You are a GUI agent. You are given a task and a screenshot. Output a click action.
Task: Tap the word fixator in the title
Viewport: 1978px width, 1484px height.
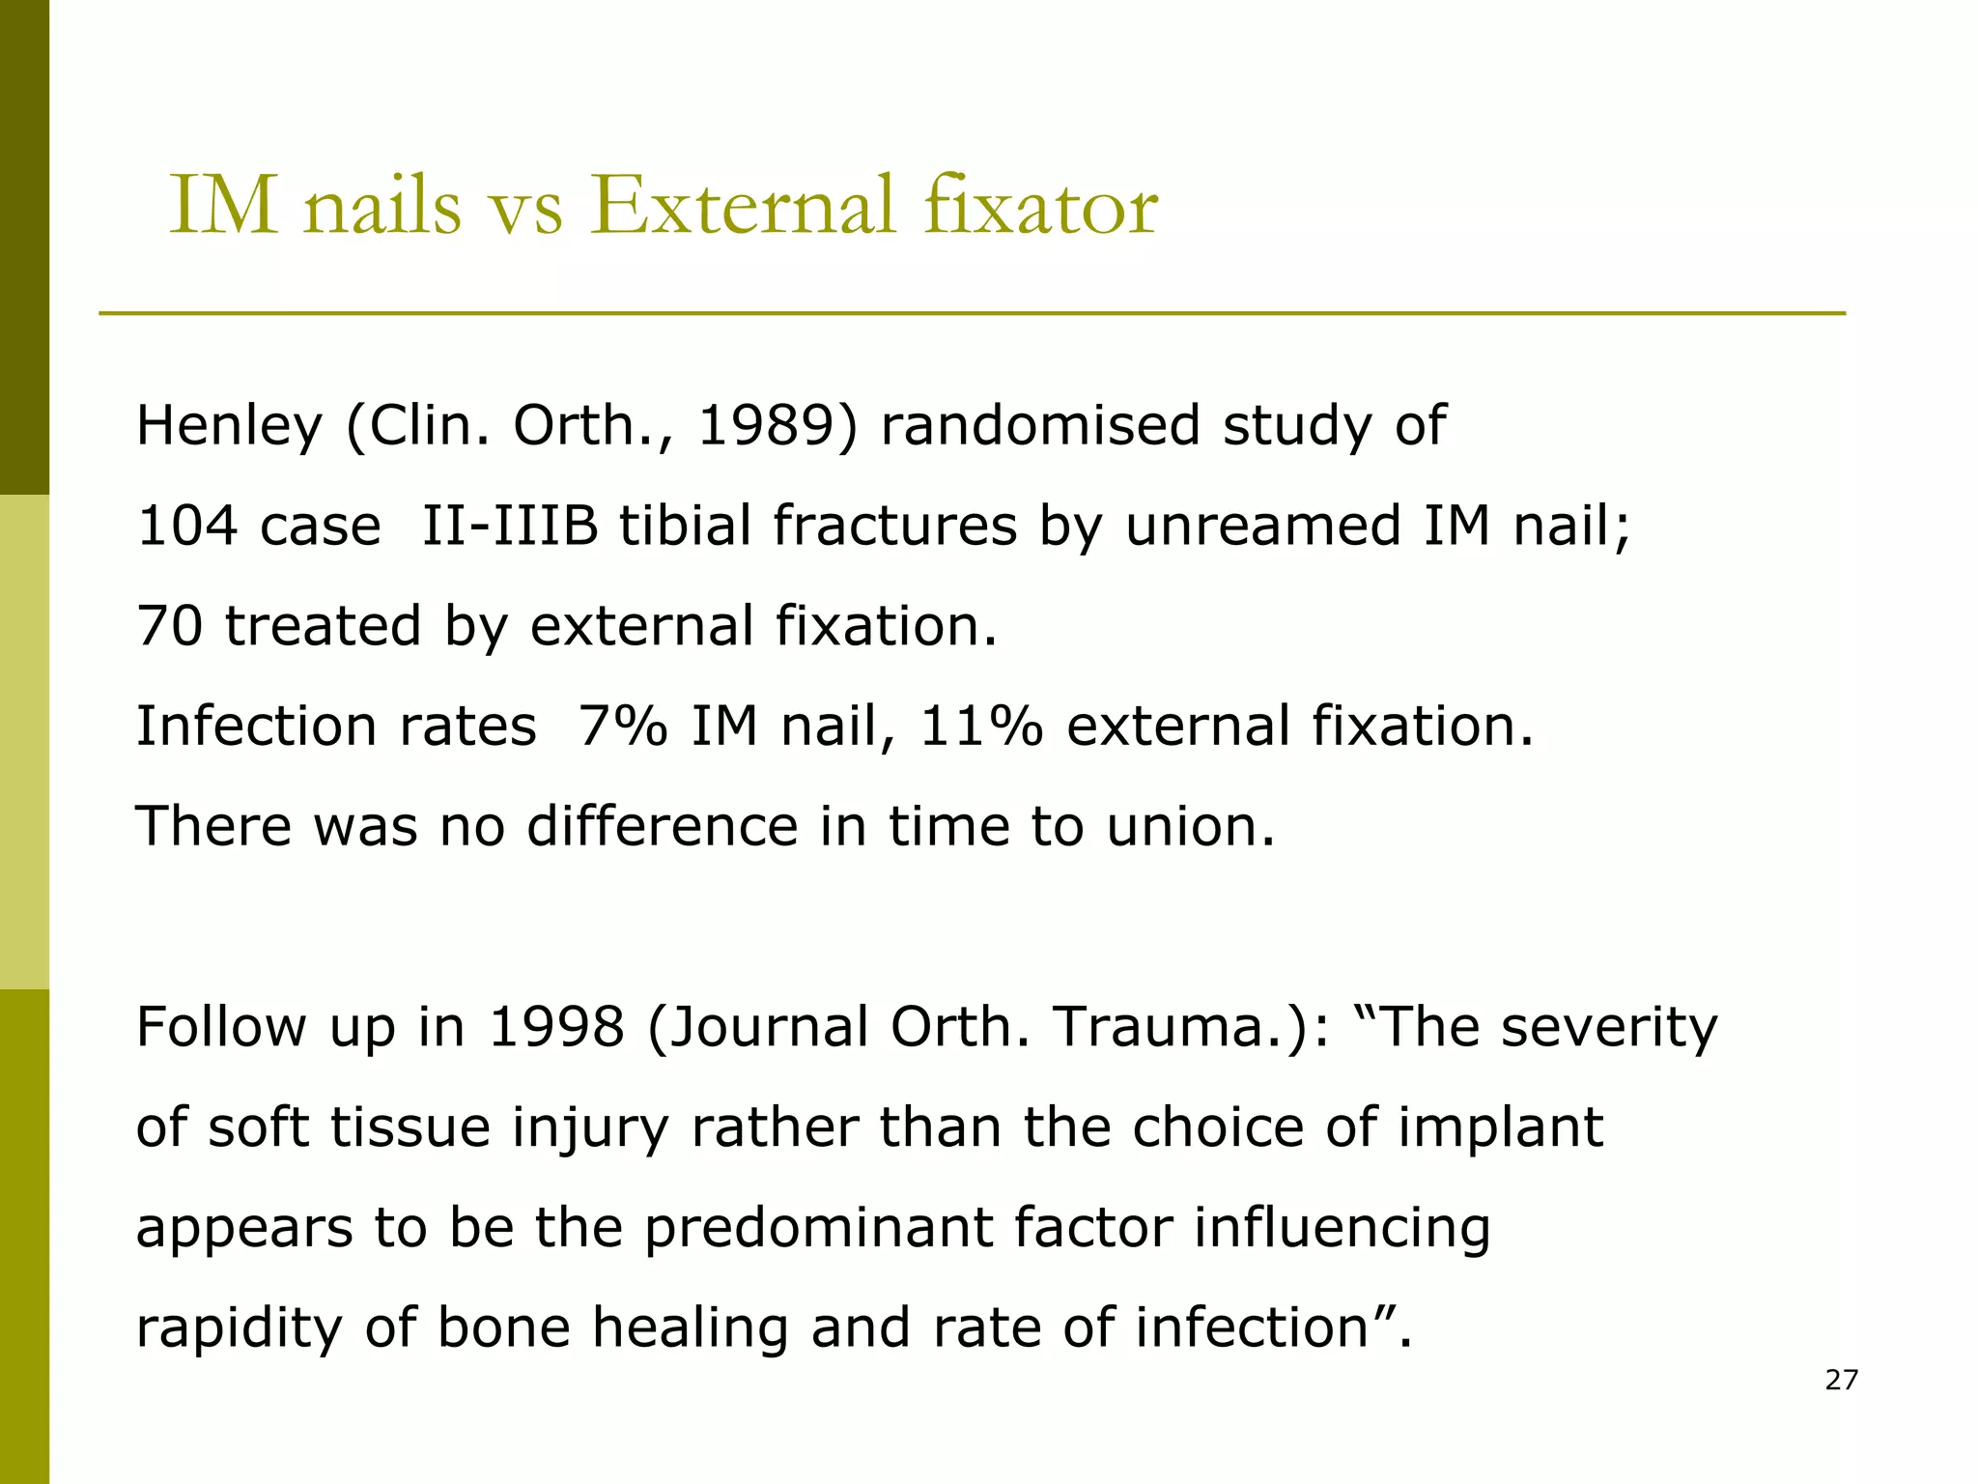point(1040,206)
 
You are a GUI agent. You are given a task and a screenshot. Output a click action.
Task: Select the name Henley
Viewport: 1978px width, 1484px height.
point(229,426)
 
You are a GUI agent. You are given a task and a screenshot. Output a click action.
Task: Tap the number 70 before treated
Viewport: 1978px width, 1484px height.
point(170,626)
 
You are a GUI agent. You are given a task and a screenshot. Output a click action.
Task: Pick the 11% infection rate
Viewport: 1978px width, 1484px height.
point(981,727)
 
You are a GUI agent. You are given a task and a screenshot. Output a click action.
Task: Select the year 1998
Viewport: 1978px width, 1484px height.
point(556,1027)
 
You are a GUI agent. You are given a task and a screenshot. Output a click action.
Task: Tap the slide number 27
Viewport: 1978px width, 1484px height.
point(1841,1380)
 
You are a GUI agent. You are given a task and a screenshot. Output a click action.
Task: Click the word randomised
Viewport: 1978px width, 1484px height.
point(1040,426)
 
